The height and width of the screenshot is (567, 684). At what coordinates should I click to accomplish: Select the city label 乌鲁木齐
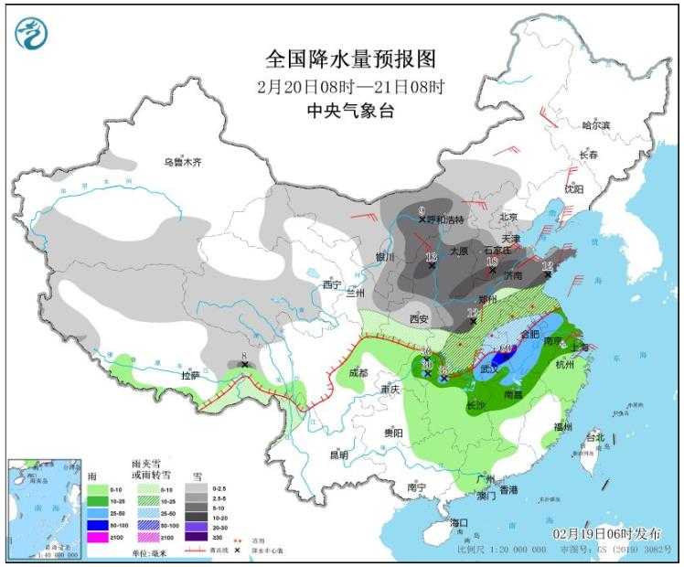point(182,162)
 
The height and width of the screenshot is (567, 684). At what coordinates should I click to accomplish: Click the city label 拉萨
point(189,375)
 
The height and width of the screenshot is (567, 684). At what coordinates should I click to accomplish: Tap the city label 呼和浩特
point(447,219)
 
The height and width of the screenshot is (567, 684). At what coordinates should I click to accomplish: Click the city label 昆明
point(338,455)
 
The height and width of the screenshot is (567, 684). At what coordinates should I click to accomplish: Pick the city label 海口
point(459,522)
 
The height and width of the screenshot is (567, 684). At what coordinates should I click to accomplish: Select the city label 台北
point(595,438)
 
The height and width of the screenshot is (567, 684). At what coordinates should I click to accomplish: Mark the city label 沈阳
point(572,189)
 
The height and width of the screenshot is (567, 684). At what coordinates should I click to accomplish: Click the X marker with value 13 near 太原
point(432,266)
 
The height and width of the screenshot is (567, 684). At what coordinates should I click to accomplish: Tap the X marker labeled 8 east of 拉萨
point(244,365)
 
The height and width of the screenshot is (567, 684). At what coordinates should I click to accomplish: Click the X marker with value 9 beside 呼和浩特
point(422,219)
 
